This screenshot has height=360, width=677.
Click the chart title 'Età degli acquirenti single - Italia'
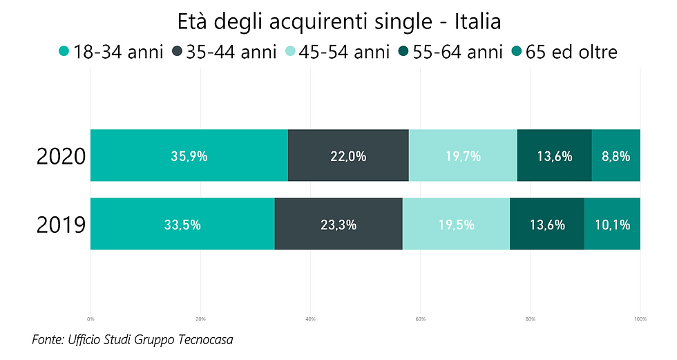click(x=338, y=21)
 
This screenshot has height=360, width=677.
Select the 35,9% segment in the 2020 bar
click(x=189, y=155)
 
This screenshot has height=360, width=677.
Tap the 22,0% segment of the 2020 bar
click(x=348, y=155)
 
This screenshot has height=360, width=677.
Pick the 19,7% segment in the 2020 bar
click(x=463, y=155)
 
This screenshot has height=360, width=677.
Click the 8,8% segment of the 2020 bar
click(x=616, y=155)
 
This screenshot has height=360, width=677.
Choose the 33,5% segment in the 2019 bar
click(x=182, y=224)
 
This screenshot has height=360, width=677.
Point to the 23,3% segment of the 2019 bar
click(x=338, y=224)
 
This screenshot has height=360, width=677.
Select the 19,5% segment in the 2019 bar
click(x=456, y=224)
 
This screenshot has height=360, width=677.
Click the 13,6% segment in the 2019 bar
click(x=547, y=224)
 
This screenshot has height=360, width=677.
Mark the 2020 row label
click(x=61, y=156)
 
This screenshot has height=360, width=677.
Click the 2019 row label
click(x=61, y=225)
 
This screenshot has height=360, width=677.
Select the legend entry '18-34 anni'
click(x=111, y=52)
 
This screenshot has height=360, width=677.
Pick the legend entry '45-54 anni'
click(x=338, y=52)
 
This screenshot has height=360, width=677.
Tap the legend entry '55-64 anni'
click(x=452, y=52)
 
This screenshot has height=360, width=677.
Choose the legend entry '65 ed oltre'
click(x=563, y=52)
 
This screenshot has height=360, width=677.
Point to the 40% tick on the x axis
click(x=310, y=319)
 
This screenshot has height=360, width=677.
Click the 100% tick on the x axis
click(x=640, y=319)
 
